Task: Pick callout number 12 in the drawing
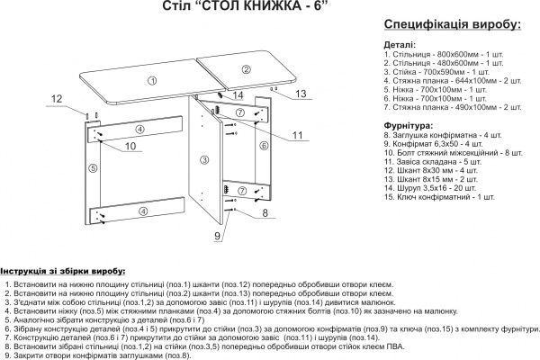coord(56,99)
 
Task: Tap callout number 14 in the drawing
coord(238,94)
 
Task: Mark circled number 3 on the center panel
coord(204,159)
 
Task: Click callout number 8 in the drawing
coord(265,213)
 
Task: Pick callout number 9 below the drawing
coord(216,236)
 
